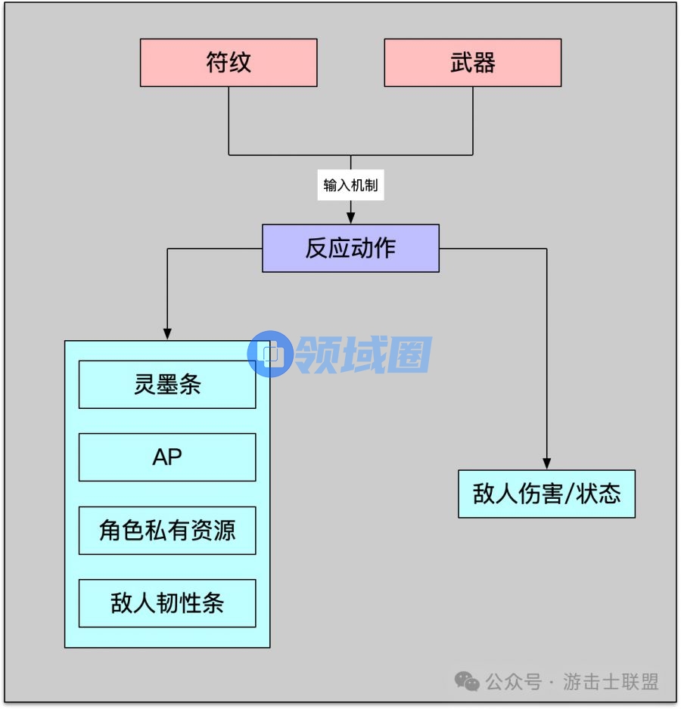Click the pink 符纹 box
point(229,63)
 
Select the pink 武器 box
point(473,63)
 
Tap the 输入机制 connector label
point(350,185)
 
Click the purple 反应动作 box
point(350,248)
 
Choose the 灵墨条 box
point(167,385)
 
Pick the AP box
point(167,457)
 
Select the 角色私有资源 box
point(167,531)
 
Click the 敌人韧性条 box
point(167,603)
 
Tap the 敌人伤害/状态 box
point(546,494)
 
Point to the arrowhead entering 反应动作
point(350,218)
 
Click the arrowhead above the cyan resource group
point(167,334)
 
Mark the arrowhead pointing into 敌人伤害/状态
point(546,463)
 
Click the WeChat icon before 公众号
point(467,683)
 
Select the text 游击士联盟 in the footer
point(611,683)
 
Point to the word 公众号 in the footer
point(513,683)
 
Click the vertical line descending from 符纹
point(229,121)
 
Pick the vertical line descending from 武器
point(473,121)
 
